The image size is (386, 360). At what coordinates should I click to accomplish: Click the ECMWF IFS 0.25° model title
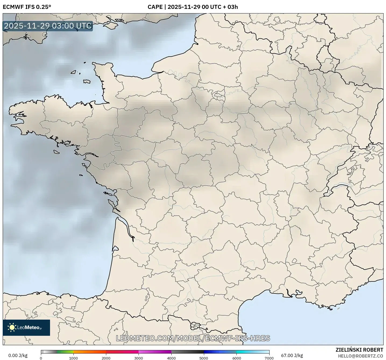coord(27,7)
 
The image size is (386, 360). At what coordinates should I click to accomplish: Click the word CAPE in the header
coord(155,7)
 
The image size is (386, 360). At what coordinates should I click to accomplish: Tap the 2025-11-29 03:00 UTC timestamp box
coord(48,26)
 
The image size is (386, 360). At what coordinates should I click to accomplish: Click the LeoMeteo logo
coord(26,327)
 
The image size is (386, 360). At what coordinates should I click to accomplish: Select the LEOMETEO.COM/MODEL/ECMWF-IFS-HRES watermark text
coord(193,338)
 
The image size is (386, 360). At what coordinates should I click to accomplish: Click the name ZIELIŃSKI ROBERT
coord(359,350)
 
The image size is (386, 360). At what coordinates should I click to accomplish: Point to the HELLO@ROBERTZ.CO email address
coord(360,356)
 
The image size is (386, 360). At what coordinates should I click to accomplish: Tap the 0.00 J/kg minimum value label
coord(18,355)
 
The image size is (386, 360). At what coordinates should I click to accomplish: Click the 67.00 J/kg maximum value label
coord(292,355)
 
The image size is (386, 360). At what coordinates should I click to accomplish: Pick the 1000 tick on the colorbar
coord(73,358)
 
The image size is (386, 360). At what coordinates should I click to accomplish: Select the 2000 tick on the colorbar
coord(106,358)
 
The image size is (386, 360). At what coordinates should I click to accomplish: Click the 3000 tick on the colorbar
coord(139,358)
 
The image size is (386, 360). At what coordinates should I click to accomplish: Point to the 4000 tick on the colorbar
coord(171,358)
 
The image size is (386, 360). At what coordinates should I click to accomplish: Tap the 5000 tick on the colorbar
coord(204,358)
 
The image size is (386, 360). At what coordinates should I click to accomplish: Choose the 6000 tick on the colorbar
coord(236,358)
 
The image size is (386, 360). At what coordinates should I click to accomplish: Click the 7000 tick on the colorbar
coord(269,358)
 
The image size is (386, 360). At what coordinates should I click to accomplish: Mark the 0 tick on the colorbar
coord(41,358)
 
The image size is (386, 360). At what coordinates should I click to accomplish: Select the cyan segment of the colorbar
coord(245,352)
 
